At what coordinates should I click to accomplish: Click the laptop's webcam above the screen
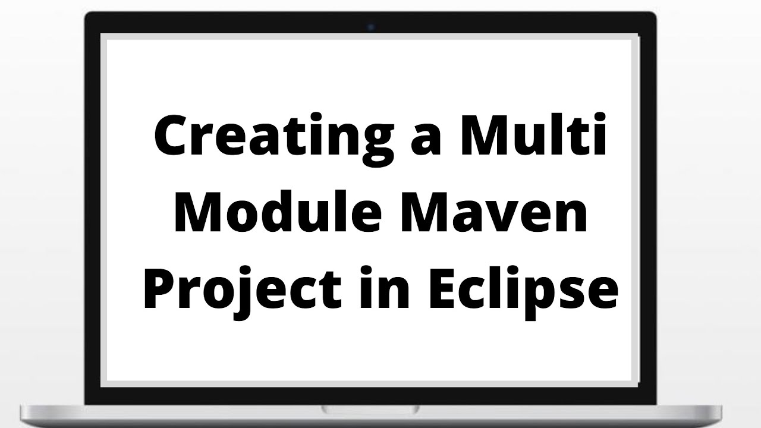click(371, 27)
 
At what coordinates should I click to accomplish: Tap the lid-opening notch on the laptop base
click(370, 409)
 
